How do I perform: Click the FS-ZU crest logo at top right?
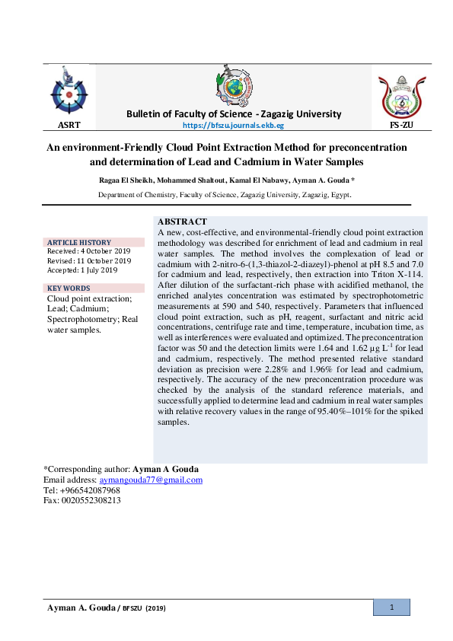point(400,94)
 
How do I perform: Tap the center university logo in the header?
point(234,85)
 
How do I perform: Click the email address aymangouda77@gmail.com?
point(151,480)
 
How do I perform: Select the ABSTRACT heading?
point(182,221)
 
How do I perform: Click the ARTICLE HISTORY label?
point(78,242)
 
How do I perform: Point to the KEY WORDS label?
point(69,288)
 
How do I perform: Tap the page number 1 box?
point(391,608)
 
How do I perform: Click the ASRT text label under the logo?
point(69,124)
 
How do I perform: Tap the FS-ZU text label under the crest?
point(400,124)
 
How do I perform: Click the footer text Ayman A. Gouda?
point(80,608)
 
